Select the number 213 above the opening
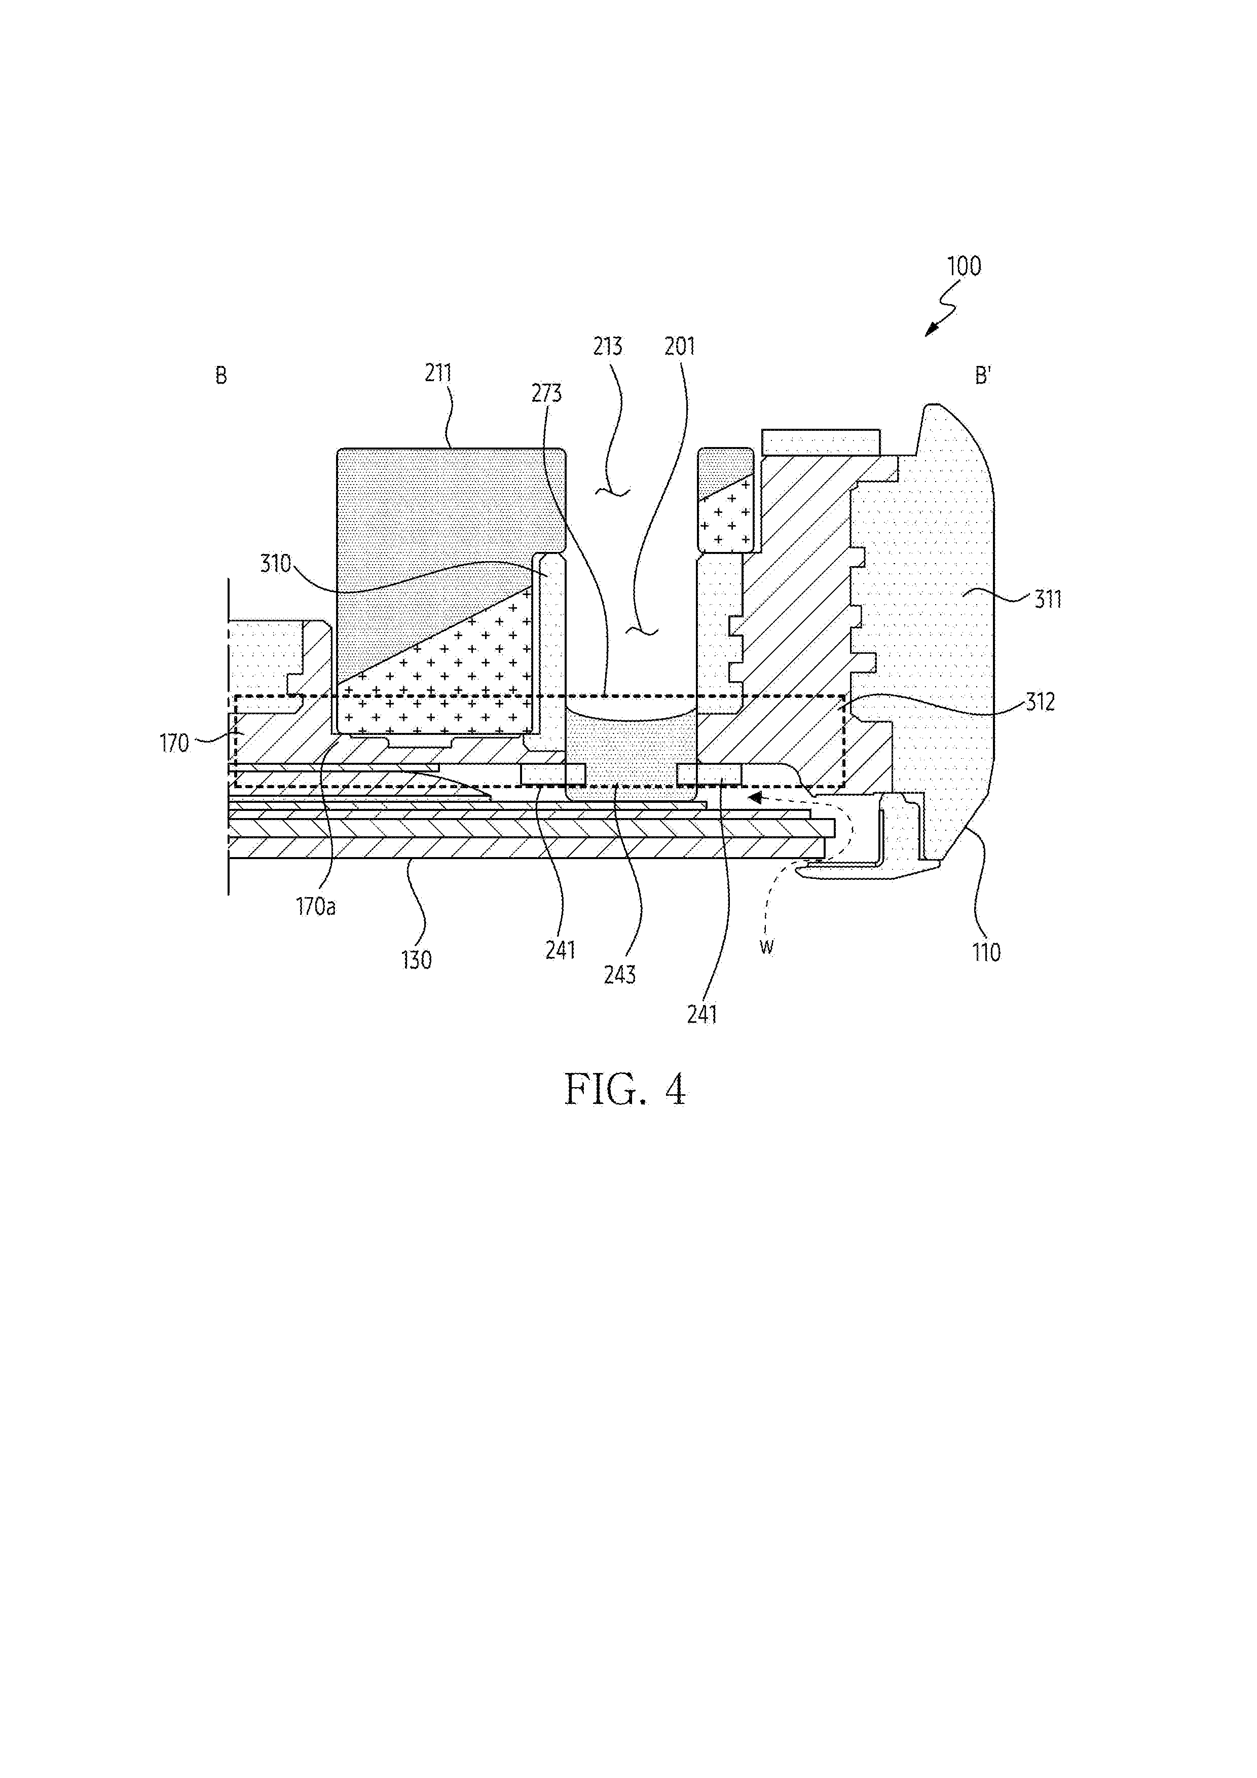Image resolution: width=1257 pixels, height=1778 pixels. click(608, 346)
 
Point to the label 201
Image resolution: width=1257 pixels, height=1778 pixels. click(680, 346)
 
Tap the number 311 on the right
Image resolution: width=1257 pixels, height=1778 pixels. click(1048, 600)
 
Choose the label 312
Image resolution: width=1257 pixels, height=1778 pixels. click(1040, 702)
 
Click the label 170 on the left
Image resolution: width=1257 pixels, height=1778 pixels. click(174, 744)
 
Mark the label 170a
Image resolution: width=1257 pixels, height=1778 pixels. click(315, 907)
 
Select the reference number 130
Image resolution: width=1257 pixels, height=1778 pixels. click(416, 960)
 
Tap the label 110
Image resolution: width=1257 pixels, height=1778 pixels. click(987, 952)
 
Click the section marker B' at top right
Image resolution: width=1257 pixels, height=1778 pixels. click(983, 377)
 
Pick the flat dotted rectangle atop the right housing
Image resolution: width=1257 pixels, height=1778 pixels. click(821, 441)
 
